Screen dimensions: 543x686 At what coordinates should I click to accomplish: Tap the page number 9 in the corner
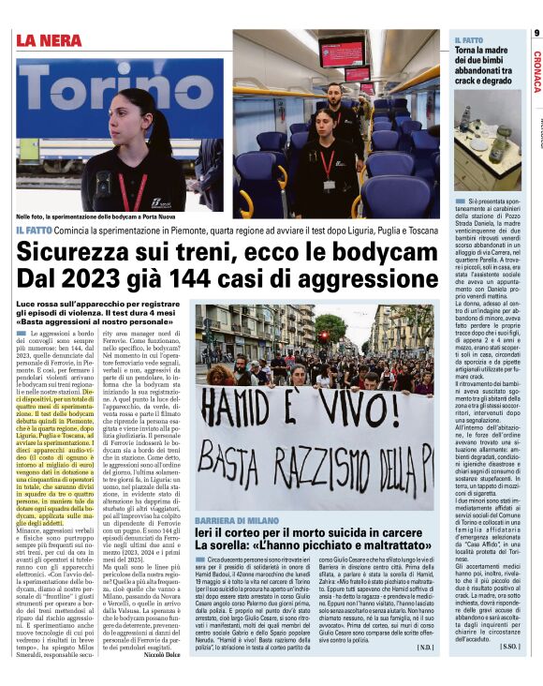536,33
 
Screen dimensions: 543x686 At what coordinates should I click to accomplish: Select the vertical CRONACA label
536,71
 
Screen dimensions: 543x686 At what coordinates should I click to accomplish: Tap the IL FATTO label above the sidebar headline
468,39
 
